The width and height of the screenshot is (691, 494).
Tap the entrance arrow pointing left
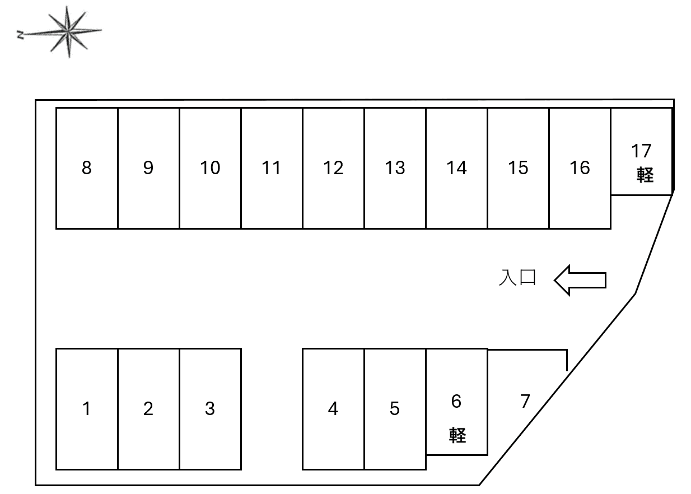point(580,279)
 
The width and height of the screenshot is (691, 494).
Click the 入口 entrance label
point(518,278)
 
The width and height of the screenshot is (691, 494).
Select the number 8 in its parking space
point(86,167)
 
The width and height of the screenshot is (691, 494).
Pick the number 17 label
point(642,151)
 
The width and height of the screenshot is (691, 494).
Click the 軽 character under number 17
point(645,175)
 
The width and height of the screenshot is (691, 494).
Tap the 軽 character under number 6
point(457,435)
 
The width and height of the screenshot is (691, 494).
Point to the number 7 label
point(525,401)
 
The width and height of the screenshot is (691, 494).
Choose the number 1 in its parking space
point(86,409)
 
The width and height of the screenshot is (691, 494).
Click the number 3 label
point(209,409)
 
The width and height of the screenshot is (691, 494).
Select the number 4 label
point(333,409)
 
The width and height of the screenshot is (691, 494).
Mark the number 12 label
point(333,167)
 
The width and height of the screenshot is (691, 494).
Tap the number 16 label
point(580,167)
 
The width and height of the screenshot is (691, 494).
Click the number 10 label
point(210,167)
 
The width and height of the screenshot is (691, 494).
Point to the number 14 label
point(456,167)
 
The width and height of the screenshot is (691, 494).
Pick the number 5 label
point(395,409)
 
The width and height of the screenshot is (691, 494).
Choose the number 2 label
point(148,409)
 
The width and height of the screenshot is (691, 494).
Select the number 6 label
point(456,401)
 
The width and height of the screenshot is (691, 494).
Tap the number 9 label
point(148,167)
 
